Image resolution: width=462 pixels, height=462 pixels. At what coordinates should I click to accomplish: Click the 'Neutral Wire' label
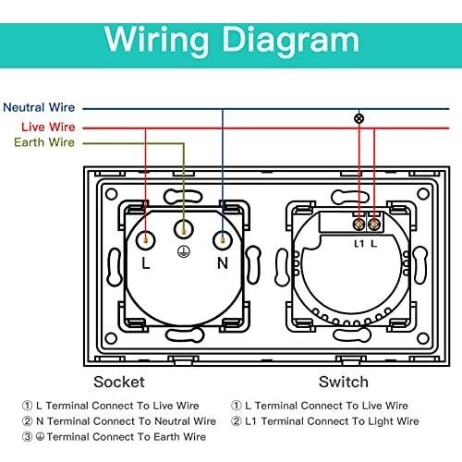(39, 107)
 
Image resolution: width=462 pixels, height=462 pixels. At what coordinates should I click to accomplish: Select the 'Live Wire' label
(48, 127)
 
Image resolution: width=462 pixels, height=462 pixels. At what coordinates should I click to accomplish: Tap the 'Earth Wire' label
(44, 142)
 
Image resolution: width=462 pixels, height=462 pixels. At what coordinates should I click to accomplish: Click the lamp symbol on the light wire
(359, 118)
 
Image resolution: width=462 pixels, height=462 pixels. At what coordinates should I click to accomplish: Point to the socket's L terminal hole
(146, 239)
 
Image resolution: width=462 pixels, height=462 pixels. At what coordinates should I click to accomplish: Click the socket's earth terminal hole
(184, 229)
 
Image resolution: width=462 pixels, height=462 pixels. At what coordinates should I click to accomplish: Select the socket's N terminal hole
(223, 239)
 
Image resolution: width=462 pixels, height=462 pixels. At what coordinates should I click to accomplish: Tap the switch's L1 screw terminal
(359, 225)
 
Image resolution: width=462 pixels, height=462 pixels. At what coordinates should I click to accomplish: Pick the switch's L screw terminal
(374, 225)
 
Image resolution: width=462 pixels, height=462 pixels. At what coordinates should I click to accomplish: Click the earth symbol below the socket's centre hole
(184, 251)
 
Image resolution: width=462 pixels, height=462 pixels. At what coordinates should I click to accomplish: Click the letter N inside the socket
(223, 263)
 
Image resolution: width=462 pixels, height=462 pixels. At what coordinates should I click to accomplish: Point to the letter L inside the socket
(146, 263)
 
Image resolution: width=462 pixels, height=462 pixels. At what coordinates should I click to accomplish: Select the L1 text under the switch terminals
(359, 244)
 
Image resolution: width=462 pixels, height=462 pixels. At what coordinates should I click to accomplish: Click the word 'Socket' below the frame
(119, 382)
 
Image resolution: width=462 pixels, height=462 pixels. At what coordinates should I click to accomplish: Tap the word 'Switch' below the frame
(344, 382)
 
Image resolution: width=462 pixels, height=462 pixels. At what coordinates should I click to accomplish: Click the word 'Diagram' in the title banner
(291, 41)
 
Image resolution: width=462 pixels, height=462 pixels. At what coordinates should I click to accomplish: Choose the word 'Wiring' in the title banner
(157, 41)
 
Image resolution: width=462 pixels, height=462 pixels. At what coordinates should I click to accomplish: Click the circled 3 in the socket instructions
(27, 436)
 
